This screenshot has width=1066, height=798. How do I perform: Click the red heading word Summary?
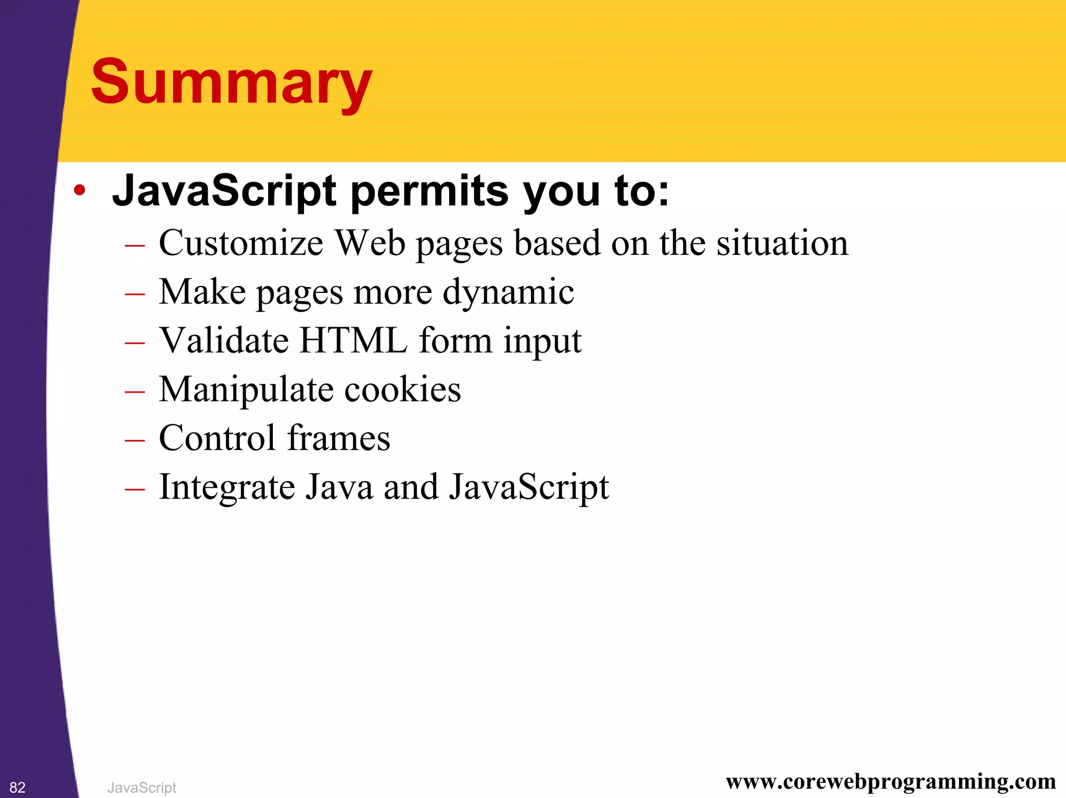point(232,83)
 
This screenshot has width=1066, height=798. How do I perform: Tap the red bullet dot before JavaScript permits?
point(79,190)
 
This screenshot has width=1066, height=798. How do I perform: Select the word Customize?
point(240,243)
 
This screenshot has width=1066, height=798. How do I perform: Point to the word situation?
point(782,243)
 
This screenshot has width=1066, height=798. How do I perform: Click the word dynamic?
point(508,292)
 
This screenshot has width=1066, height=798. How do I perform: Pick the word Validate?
point(224,341)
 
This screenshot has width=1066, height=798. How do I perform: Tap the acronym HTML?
point(353,341)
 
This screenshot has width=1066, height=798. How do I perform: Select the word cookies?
point(402,390)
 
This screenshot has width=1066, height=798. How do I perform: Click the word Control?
point(217,438)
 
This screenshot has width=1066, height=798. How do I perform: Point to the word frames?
point(338,438)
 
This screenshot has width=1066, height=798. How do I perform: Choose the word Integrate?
point(227,487)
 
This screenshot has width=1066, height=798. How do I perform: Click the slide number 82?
point(17,788)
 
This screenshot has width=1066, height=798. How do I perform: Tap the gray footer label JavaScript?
point(142,788)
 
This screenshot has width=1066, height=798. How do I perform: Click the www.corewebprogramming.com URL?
point(891,781)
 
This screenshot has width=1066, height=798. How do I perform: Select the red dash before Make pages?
point(135,294)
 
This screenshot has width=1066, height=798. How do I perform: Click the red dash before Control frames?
point(135,441)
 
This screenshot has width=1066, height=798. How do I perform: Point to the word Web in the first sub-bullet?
point(370,243)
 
